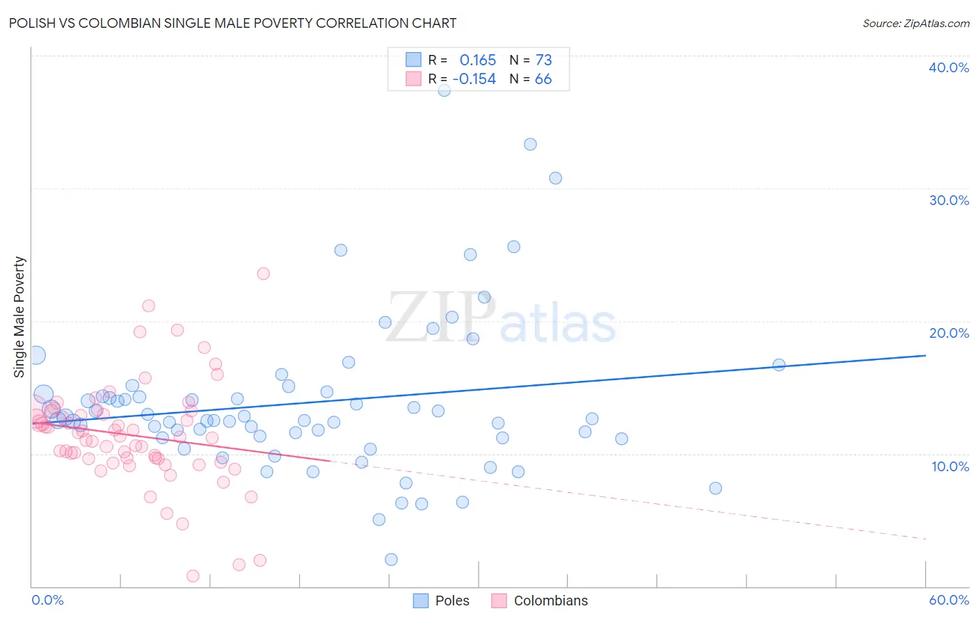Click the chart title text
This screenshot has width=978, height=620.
pyautogui.click(x=232, y=23)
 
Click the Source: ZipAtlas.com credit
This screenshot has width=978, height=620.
pyautogui.click(x=915, y=23)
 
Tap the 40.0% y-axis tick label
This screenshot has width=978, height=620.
pyautogui.click(x=948, y=67)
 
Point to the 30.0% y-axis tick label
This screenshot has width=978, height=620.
pyautogui.click(x=948, y=200)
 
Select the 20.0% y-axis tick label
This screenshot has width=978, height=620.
pyautogui.click(x=948, y=333)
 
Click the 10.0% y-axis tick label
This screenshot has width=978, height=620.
pyautogui.click(x=949, y=466)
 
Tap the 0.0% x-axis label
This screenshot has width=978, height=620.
pyautogui.click(x=47, y=600)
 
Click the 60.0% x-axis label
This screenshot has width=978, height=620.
pyautogui.click(x=948, y=600)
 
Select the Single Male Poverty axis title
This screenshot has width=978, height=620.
pyautogui.click(x=19, y=317)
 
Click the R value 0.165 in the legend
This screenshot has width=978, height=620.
pyautogui.click(x=478, y=60)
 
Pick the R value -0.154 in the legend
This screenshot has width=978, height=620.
pyautogui.click(x=474, y=79)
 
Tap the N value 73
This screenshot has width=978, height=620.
pyautogui.click(x=543, y=60)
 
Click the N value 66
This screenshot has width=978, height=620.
pyautogui.click(x=543, y=79)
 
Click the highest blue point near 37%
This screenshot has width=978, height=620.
pyautogui.click(x=444, y=90)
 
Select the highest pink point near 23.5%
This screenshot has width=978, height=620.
pyautogui.click(x=263, y=273)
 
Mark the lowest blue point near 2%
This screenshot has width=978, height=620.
pyautogui.click(x=391, y=560)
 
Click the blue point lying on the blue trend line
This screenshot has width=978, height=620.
pyautogui.click(x=779, y=365)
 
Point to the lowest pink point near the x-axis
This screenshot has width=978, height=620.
pyautogui.click(x=193, y=576)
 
